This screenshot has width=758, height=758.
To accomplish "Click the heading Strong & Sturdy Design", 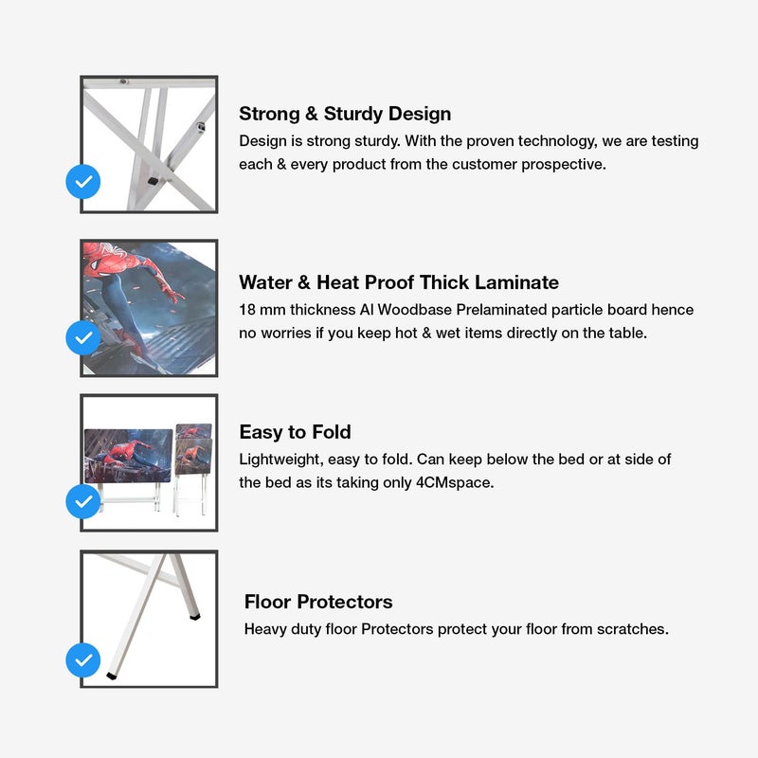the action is click(x=345, y=114).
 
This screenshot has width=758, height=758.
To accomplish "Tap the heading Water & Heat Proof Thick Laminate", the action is click(x=399, y=282).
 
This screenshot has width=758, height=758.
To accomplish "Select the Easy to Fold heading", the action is click(x=295, y=432).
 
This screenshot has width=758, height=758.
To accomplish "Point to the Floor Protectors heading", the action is click(x=318, y=602).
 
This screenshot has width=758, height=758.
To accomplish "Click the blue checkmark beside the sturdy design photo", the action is click(x=83, y=182).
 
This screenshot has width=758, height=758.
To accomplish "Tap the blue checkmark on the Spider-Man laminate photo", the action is click(x=83, y=337).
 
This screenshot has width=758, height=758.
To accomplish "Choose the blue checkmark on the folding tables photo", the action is click(x=83, y=501).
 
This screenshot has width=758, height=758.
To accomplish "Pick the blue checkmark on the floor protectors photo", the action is click(x=83, y=659).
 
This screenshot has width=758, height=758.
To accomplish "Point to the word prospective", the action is click(x=563, y=165).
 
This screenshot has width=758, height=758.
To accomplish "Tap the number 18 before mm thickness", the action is click(x=247, y=310).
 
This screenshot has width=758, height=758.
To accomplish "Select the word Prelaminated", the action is click(x=501, y=310).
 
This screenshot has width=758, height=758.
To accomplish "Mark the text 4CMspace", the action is click(x=455, y=482).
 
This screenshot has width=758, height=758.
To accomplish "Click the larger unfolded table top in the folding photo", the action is click(x=128, y=456).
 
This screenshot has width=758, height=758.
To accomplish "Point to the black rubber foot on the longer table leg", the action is click(x=111, y=676).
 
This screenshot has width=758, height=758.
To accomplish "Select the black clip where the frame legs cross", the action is click(x=153, y=181).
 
